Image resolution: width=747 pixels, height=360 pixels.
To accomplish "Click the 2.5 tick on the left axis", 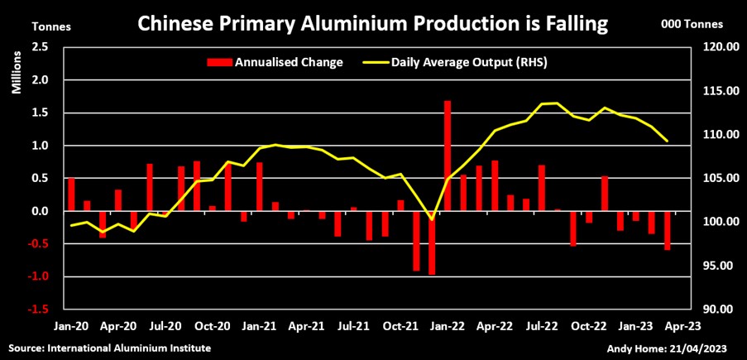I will pos(38,47).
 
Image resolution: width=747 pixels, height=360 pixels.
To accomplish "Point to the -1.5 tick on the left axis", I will pos(36,310).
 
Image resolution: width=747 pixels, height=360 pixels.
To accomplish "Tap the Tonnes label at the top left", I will pos(50,25).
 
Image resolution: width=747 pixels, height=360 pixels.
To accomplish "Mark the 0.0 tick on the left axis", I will pos(39,211).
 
